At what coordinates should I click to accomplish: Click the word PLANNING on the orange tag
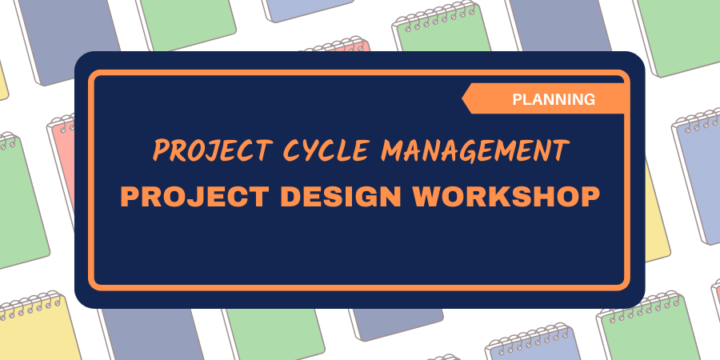pyautogui.click(x=554, y=99)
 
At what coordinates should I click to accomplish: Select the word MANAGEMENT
pyautogui.click(x=475, y=150)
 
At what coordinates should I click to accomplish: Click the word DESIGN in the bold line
pyautogui.click(x=341, y=197)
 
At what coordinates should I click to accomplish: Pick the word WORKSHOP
pyautogui.click(x=506, y=197)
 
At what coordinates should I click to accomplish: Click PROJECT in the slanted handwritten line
pyautogui.click(x=213, y=150)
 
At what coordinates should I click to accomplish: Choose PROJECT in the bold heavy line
pyautogui.click(x=194, y=197)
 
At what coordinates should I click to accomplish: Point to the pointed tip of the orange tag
pyautogui.click(x=462, y=98)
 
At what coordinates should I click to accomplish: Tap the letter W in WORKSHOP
pyautogui.click(x=426, y=197)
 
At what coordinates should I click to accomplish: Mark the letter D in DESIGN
pyautogui.click(x=290, y=197)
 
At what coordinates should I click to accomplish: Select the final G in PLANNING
pyautogui.click(x=590, y=99)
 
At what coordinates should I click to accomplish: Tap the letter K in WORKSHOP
pyautogui.click(x=508, y=197)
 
